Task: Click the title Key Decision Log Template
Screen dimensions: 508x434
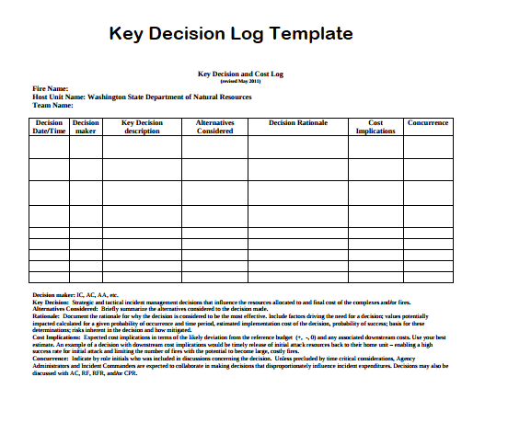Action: [x=231, y=34]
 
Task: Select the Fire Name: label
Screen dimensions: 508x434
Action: [x=51, y=88]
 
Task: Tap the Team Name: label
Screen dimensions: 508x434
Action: [x=52, y=104]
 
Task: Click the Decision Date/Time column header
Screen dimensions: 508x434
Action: [x=49, y=127]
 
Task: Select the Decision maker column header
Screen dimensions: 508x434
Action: [x=86, y=127]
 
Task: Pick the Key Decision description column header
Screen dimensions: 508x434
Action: [x=142, y=127]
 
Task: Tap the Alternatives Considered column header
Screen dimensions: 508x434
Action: [x=215, y=127]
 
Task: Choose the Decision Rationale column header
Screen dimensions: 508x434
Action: [x=298, y=122]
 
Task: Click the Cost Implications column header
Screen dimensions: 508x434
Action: [x=375, y=127]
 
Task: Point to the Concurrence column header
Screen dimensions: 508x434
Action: [x=428, y=122]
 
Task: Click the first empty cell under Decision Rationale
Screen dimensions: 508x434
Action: [x=298, y=146]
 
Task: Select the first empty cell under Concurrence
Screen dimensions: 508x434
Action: [x=428, y=146]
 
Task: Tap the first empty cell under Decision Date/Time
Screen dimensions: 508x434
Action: [x=49, y=146]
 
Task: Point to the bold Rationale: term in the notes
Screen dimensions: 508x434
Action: [x=47, y=315]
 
